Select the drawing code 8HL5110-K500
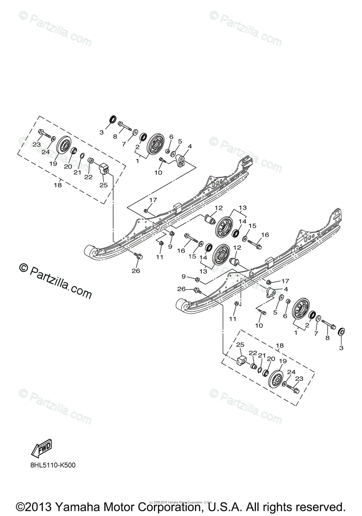click(56, 465)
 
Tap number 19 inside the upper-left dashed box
click(53, 163)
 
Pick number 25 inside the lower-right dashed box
click(240, 345)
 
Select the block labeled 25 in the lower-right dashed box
click(242, 359)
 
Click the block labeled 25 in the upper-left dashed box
click(104, 169)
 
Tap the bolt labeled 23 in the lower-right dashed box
click(294, 391)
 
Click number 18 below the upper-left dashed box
click(58, 185)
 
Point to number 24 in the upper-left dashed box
click(46, 151)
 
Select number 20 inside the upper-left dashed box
click(68, 166)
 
